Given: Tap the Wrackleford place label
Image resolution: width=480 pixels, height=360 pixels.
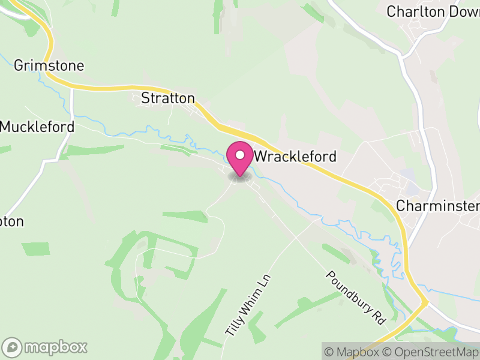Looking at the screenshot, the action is point(295,157).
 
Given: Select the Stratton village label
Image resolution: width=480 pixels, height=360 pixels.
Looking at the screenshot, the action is point(168,98).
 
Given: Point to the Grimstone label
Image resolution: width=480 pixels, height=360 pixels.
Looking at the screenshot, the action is point(49,65).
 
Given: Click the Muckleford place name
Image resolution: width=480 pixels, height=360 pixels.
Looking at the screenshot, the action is point(37,127).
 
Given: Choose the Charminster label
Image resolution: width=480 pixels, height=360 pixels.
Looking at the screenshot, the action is point(437,206).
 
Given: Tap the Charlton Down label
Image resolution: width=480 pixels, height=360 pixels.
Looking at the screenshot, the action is point(432,11).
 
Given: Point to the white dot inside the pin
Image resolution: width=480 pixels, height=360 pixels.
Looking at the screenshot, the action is point(240,155).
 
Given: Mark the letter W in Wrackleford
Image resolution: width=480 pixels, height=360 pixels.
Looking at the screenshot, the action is point(261,157).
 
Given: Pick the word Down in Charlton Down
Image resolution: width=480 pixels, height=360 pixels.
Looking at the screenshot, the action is point(462,11).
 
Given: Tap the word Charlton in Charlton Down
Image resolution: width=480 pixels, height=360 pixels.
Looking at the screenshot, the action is point(415,11).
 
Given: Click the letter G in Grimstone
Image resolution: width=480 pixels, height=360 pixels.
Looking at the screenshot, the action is point(19,65).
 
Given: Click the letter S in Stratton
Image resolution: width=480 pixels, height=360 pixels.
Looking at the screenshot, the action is point(145,98).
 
